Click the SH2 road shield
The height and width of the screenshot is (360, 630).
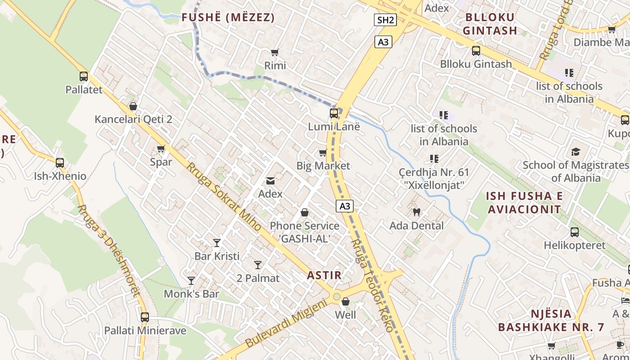point(385,20)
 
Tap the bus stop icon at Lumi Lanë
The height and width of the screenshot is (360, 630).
point(334,113)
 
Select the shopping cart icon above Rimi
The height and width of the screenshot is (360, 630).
point(275,53)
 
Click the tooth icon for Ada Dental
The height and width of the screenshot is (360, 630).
point(416,211)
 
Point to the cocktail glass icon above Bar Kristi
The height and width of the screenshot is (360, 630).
point(217,243)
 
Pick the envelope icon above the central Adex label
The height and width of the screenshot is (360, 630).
point(270,181)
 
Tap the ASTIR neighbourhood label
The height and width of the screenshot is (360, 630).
point(324,275)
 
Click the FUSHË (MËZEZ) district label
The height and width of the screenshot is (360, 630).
point(228,18)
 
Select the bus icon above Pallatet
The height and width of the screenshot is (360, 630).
point(84,76)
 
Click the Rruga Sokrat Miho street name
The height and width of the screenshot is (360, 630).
point(224,197)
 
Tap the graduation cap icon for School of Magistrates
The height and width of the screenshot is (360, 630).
point(576,152)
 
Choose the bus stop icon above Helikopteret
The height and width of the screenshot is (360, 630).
point(575,232)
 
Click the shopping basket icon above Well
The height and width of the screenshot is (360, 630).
point(346,301)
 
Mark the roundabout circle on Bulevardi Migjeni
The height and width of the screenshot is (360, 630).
point(337,297)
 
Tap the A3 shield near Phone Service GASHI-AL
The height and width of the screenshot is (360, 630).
point(344,207)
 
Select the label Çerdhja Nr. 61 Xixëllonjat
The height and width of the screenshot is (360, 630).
point(434,178)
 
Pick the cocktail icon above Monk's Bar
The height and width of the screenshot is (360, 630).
point(191,281)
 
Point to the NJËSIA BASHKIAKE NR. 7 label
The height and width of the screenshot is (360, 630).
point(551,320)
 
